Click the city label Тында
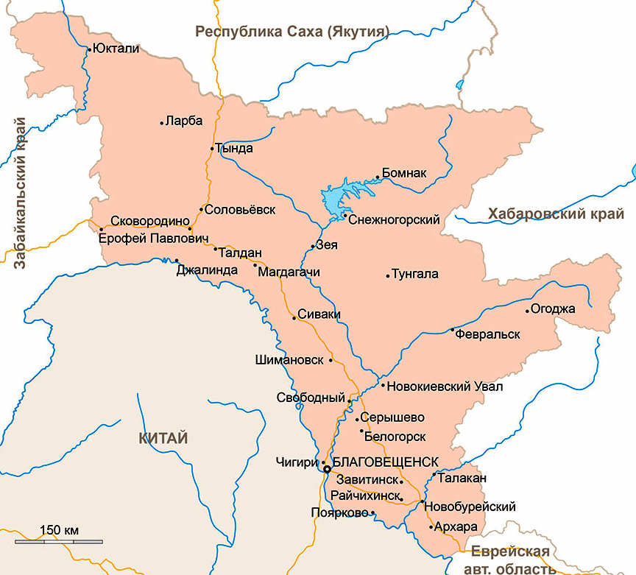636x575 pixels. click(x=236, y=149)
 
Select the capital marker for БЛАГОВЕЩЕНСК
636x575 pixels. click(x=326, y=468)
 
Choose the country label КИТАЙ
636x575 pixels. click(x=163, y=439)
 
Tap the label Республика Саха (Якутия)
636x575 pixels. click(x=292, y=32)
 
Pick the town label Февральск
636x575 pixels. click(x=488, y=334)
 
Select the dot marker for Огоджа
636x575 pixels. click(x=527, y=311)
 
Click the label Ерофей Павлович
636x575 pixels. click(x=149, y=239)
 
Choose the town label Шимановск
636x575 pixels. click(x=289, y=360)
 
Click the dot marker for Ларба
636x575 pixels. click(x=162, y=123)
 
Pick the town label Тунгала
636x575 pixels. click(x=417, y=275)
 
